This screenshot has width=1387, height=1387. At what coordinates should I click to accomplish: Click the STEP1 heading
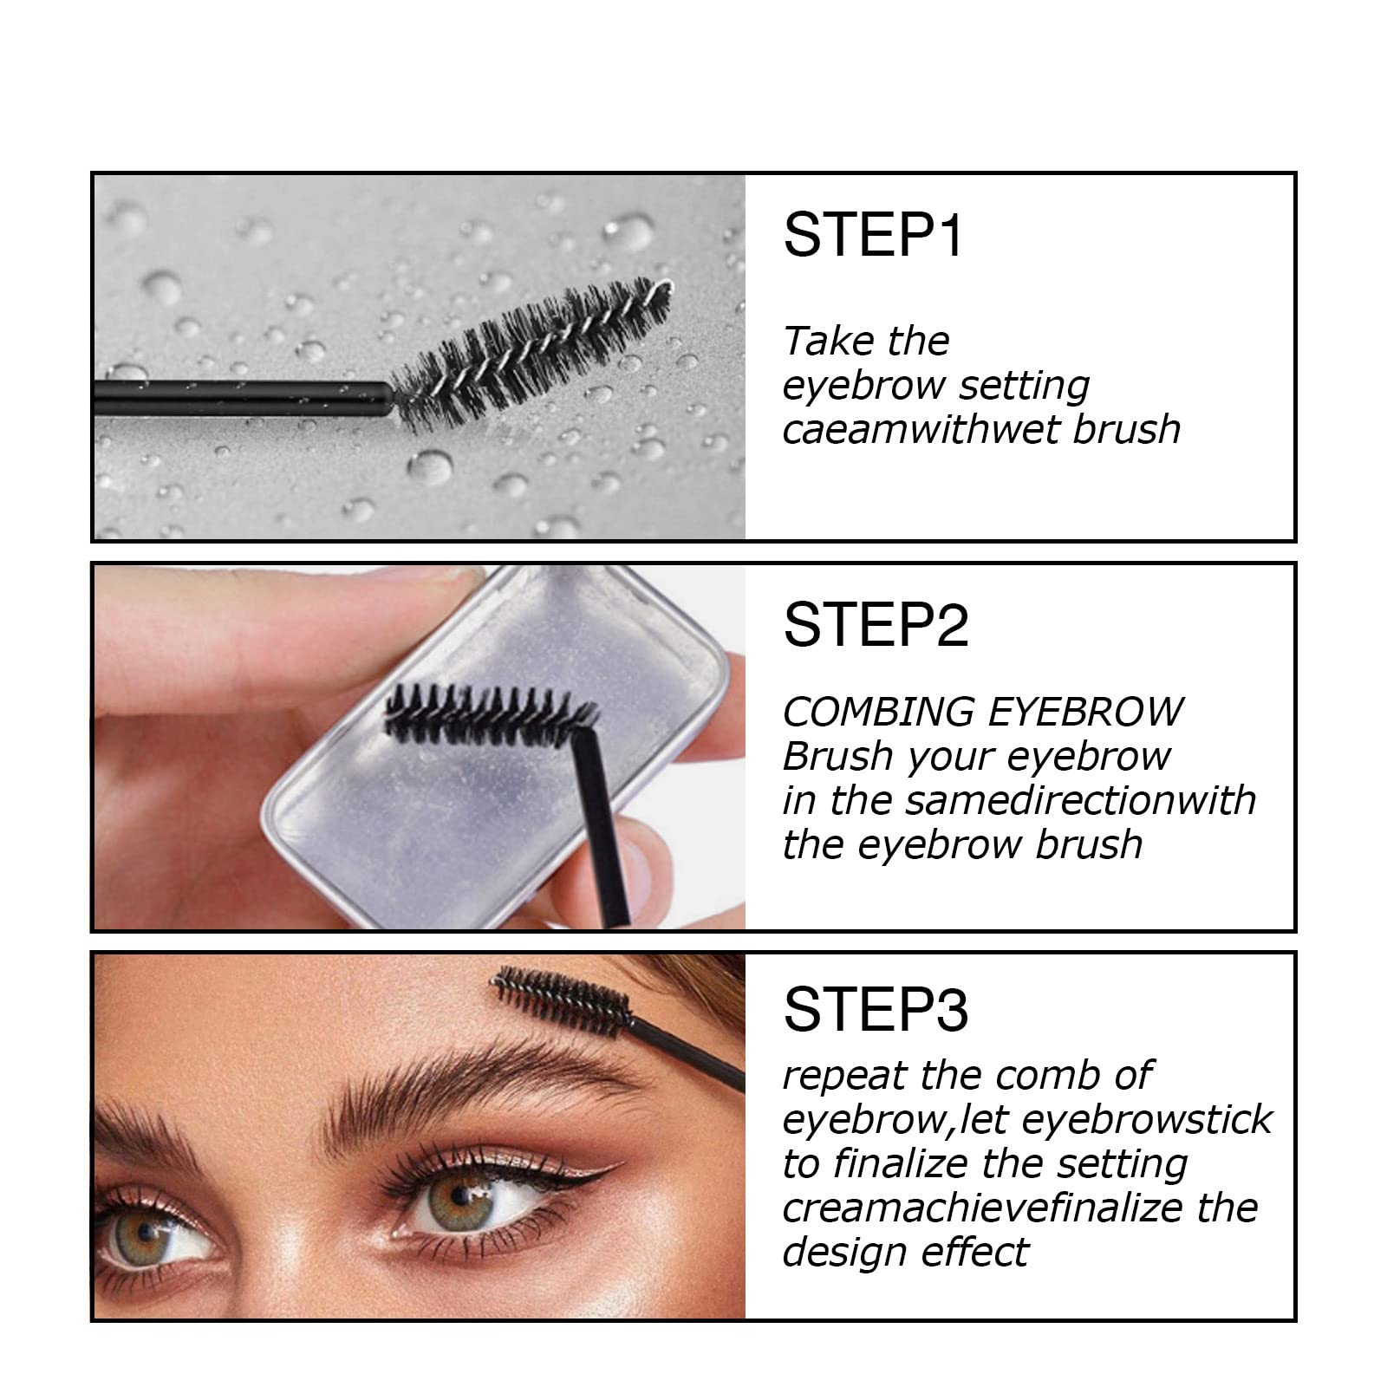tap(872, 235)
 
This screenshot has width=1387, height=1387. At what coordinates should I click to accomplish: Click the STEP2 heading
tap(876, 625)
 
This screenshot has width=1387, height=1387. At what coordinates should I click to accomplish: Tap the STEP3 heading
tap(876, 1010)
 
